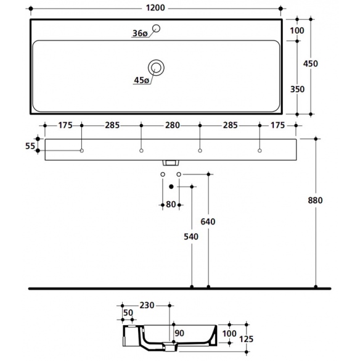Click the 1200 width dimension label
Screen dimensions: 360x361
(155, 8)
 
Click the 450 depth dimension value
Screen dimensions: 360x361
(310, 64)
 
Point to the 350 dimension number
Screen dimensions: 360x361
(297, 89)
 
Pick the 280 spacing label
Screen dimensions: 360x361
(173, 125)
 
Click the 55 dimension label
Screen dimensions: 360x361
(30, 146)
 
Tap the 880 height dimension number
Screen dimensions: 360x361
(315, 201)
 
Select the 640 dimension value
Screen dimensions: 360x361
(208, 222)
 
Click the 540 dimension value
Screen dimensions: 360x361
(191, 236)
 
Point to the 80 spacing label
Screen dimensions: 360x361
(171, 204)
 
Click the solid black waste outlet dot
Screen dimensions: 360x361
(171, 186)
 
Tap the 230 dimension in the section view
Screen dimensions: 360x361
(147, 305)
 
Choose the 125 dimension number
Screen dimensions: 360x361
(246, 339)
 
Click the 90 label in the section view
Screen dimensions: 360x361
(179, 333)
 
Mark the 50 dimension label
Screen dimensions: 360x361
(128, 313)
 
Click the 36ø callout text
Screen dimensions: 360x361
(140, 33)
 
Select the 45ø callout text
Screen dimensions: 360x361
(141, 80)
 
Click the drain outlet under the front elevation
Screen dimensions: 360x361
(171, 163)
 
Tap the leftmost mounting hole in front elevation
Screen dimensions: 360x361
(81, 151)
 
